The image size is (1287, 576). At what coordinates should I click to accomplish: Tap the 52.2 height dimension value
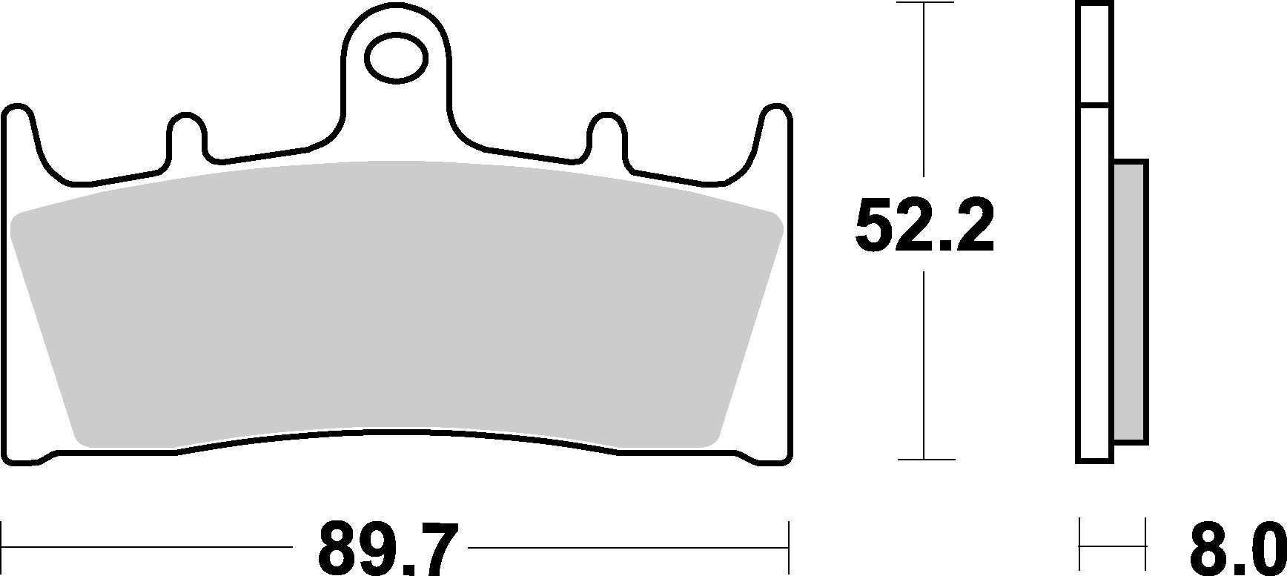coord(924,225)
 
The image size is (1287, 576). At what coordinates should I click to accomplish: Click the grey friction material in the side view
coord(1131,302)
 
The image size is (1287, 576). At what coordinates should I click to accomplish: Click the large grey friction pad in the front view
coord(397,304)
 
